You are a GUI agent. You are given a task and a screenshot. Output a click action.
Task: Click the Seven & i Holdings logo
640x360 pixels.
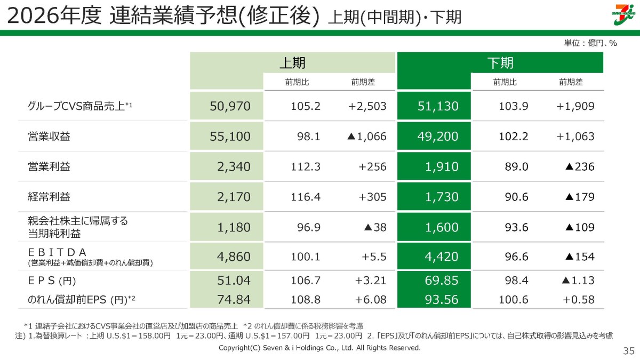point(625,14)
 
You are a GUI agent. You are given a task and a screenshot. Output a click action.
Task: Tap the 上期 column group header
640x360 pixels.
point(293,63)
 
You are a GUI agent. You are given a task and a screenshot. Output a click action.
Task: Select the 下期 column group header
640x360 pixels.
point(500,63)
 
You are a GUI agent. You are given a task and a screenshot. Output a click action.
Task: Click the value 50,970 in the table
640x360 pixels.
point(230,106)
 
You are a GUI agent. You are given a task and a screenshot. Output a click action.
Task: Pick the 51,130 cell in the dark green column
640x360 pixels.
point(438,106)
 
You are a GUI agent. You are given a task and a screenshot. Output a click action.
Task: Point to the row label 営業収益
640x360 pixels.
point(49,137)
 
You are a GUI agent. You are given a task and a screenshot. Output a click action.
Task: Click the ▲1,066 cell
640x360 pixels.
point(367,137)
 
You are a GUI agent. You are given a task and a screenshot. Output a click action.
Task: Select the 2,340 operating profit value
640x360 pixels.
point(234,167)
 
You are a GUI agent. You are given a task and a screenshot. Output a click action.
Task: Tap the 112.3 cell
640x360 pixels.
point(306,167)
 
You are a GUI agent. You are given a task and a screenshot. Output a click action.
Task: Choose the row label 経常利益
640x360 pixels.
point(49,197)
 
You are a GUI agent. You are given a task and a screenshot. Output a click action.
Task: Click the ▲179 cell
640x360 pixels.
point(580,197)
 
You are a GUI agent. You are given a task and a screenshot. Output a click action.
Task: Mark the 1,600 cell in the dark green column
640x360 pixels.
point(442,227)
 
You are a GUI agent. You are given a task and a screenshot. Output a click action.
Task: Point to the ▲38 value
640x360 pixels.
point(375,227)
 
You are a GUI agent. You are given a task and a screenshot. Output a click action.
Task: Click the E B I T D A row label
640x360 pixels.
point(57,252)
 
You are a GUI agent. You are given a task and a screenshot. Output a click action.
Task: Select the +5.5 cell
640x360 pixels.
point(374,257)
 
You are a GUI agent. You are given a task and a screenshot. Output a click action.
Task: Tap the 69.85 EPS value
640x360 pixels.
point(442,281)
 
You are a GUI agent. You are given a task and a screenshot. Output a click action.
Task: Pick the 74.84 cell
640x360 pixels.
point(234,300)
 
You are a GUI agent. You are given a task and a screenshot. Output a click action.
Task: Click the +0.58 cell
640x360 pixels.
point(579,300)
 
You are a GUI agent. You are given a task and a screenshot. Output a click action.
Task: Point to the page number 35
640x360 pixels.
point(629,351)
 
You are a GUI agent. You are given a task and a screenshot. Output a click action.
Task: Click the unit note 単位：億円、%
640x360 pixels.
point(590,43)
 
